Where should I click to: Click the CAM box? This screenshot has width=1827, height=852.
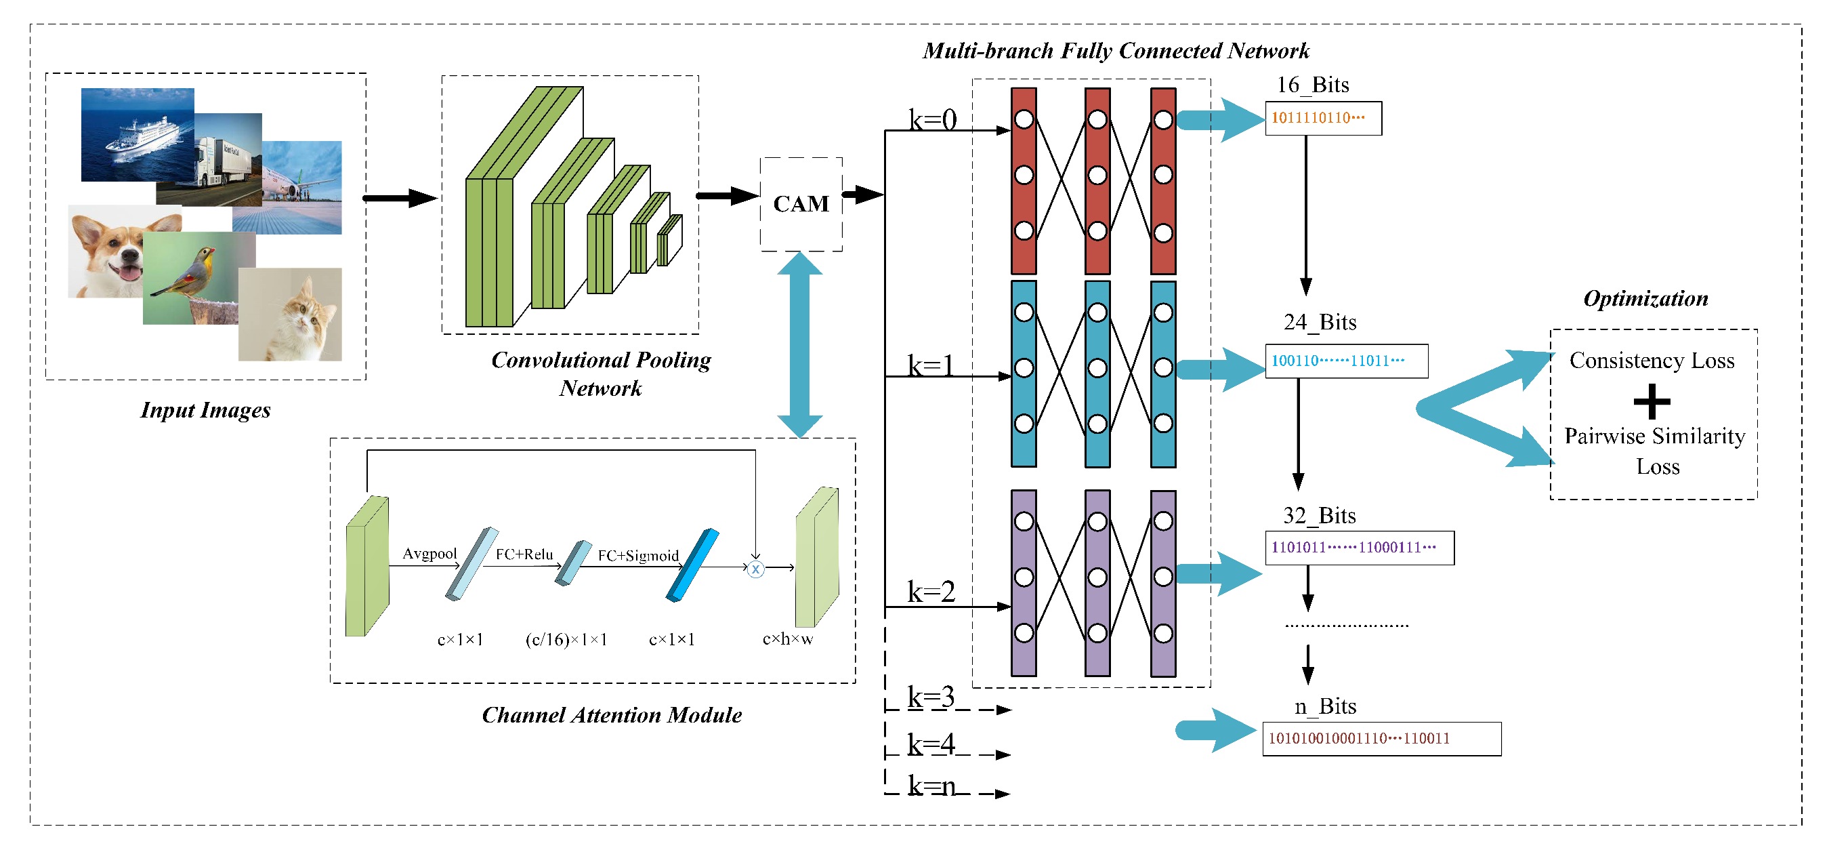click(x=801, y=204)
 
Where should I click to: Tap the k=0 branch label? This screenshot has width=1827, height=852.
click(x=932, y=119)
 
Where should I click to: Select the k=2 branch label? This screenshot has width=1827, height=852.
click(x=931, y=592)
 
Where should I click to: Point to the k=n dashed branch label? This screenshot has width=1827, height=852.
click(x=931, y=786)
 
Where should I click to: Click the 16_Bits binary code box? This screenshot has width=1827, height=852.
click(x=1323, y=118)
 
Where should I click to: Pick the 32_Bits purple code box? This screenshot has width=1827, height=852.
click(x=1359, y=547)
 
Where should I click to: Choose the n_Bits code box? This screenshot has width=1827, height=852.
click(x=1381, y=739)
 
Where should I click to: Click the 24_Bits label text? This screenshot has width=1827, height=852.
click(x=1319, y=322)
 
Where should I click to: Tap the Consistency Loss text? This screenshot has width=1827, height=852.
click(x=1651, y=361)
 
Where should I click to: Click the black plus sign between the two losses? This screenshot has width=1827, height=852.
click(x=1651, y=401)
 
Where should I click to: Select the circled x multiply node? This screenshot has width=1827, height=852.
click(x=755, y=569)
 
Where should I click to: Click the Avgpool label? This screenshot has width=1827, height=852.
click(x=429, y=553)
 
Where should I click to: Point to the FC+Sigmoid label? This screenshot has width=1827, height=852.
click(x=637, y=556)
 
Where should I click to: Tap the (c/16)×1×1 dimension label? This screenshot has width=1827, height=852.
click(x=566, y=639)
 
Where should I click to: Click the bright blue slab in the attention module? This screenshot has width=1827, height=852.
click(x=692, y=565)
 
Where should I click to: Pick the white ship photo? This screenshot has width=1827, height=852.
click(x=138, y=135)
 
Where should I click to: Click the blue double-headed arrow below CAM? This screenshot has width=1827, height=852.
click(x=799, y=345)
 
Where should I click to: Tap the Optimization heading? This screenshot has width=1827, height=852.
click(x=1645, y=298)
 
